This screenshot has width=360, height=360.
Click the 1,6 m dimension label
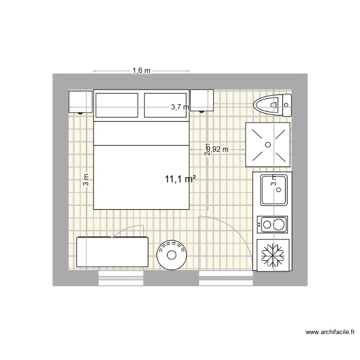pos(141,71)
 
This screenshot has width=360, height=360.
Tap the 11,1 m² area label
pos(180,179)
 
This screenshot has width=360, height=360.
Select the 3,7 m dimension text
pos(180,108)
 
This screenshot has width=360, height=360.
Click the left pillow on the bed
pos(117,105)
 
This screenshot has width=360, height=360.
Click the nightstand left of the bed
pos(80,101)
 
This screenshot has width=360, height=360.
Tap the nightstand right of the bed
pos(202,100)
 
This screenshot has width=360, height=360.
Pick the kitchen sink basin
pos(274,189)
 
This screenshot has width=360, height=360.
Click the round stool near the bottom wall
pos(171,254)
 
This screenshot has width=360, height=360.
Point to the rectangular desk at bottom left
pos(112,252)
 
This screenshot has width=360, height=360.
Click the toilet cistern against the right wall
pos(287,105)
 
